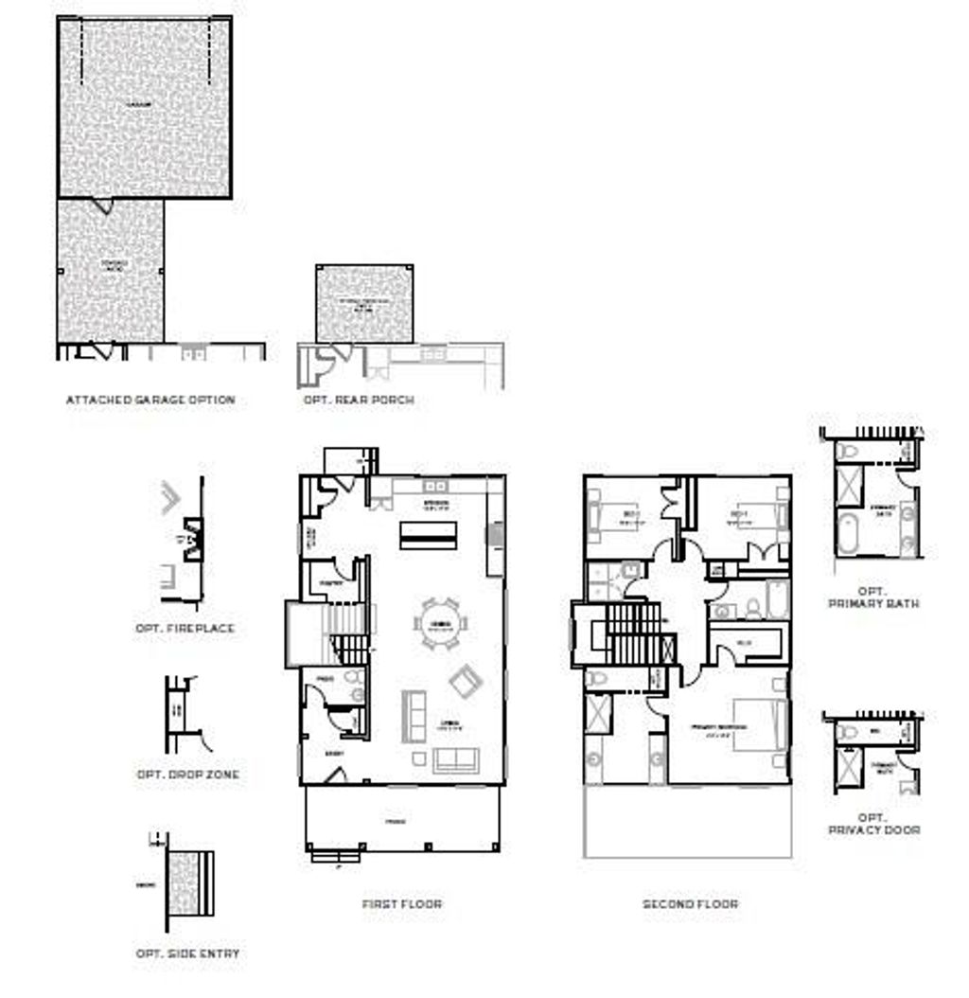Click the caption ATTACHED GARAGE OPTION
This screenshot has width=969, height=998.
click(150, 400)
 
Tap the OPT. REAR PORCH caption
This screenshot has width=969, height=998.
click(359, 400)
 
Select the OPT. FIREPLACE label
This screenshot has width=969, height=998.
click(185, 628)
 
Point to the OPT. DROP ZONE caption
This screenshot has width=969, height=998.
click(188, 775)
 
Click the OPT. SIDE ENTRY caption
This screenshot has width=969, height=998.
click(187, 953)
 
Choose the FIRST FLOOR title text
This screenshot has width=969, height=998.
click(401, 904)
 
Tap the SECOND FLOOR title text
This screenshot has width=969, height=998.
click(690, 904)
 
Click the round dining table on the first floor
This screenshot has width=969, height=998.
click(440, 624)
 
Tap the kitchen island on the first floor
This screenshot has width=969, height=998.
click(427, 534)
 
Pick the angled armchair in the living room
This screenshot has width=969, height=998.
click(466, 680)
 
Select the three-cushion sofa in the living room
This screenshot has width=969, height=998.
click(459, 759)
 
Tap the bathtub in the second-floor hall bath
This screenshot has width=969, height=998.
click(777, 600)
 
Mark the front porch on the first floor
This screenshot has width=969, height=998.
click(401, 820)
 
